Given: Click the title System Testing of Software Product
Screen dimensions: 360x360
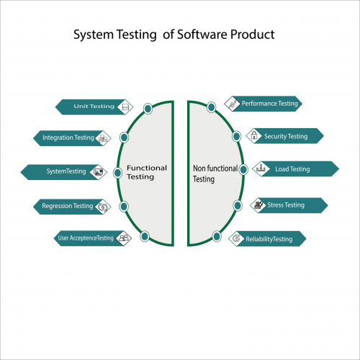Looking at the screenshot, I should click(x=174, y=35).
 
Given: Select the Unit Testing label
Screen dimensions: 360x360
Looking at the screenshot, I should click(x=94, y=107).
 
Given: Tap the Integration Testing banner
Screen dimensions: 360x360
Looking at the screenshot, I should click(x=68, y=138).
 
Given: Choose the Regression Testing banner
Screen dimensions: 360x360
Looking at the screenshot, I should click(x=68, y=206).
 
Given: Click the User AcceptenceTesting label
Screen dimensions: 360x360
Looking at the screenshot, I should click(x=85, y=238).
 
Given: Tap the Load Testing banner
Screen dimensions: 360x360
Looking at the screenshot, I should click(x=292, y=169).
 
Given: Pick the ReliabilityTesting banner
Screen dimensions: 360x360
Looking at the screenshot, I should click(x=269, y=238).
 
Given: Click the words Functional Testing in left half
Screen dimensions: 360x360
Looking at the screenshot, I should click(x=146, y=172).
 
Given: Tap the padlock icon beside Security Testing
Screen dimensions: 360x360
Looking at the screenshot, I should click(x=254, y=135).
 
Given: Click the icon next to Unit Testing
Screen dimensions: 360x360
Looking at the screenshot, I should click(x=125, y=107).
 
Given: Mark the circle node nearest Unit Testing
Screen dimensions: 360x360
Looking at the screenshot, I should click(x=148, y=108).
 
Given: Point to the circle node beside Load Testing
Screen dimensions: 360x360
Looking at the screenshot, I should click(x=243, y=170).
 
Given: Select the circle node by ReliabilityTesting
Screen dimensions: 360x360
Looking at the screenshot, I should click(x=217, y=235).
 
